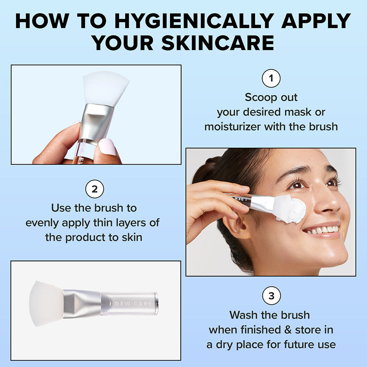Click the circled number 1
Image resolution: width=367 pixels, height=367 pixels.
coord(271,78)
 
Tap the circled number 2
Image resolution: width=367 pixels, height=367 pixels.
coord(95,189)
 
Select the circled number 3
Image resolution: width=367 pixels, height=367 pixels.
coord(271,296)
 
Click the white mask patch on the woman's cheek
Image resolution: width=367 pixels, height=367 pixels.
coord(290,210)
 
